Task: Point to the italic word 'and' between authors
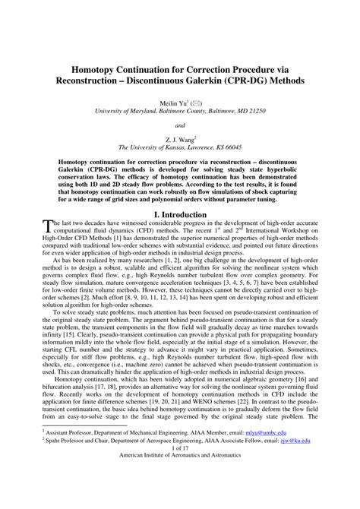(180, 126)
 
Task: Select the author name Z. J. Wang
(178, 141)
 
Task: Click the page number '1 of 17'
(180, 488)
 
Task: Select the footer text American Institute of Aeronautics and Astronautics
(180, 499)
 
